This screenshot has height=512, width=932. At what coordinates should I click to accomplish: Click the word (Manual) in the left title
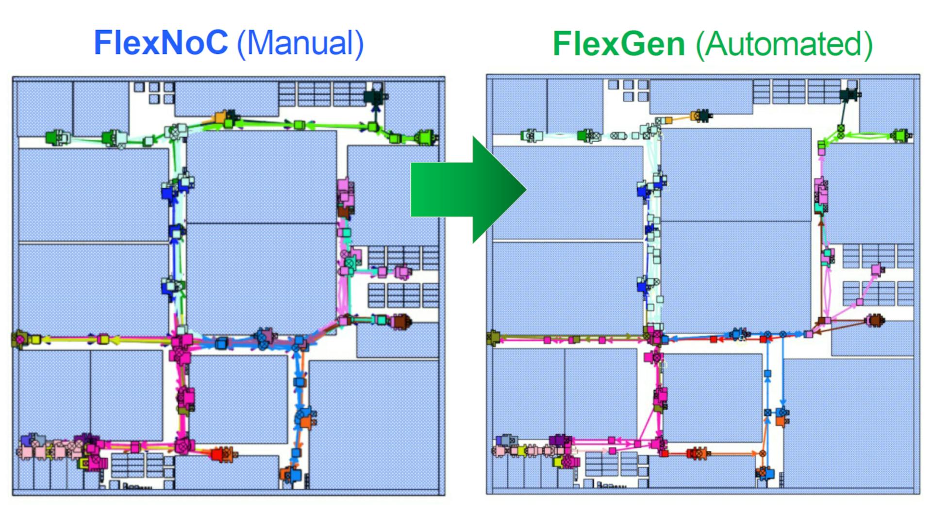coord(300,44)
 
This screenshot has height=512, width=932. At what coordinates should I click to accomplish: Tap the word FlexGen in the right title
coord(619,44)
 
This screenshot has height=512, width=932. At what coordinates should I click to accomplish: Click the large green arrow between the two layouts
coord(466,190)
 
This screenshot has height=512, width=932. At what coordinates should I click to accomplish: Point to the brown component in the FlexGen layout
coord(875,320)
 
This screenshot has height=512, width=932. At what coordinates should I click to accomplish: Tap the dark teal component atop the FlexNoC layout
coord(374,96)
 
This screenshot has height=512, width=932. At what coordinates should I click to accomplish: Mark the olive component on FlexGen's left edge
coord(494,336)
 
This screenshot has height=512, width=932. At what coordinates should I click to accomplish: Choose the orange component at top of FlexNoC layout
coord(220,117)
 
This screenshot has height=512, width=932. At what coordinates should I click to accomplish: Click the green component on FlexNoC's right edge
coord(426,138)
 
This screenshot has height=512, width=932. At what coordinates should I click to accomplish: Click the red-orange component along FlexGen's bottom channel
coord(697,453)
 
